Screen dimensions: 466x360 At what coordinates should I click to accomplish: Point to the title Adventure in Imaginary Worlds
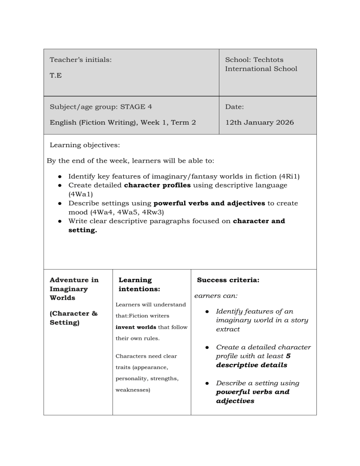(74, 289)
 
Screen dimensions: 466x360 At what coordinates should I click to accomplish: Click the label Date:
(234, 107)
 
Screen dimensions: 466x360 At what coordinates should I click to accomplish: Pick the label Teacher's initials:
(81, 60)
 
